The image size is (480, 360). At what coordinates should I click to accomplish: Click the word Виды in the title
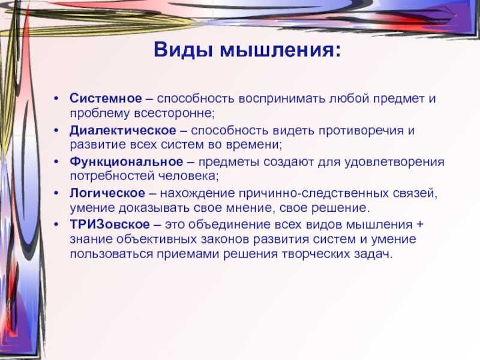coord(183,50)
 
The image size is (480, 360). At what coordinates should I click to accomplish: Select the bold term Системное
coord(106,98)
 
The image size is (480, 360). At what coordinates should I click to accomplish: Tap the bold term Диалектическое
coord(123,131)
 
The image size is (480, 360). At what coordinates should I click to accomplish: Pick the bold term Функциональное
coord(126,162)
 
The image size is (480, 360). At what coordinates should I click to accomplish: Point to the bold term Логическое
coord(107,193)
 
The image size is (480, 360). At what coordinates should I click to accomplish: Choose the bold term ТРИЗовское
coord(110,224)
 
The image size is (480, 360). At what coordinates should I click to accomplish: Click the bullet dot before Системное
coord(56,99)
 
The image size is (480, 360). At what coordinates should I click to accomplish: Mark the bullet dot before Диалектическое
coord(56,131)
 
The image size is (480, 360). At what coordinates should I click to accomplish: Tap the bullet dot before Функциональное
coord(56,162)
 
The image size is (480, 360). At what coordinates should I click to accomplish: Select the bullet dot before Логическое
coord(56,193)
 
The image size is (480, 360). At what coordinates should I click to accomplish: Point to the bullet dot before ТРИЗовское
coord(56,224)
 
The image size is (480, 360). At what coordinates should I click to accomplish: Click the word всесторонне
coord(175,113)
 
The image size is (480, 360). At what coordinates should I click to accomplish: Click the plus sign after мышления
coord(419,224)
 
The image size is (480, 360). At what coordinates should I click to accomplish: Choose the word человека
coord(188,176)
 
